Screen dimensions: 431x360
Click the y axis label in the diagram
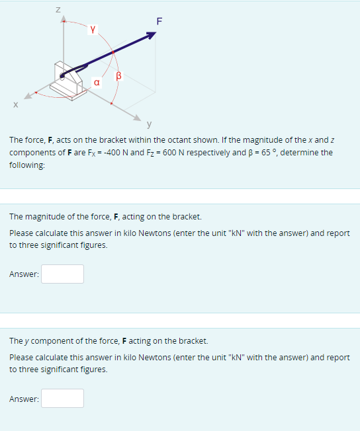pos(150,123)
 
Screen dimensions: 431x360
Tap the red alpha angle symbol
pos(97,83)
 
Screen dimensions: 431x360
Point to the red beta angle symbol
pos(120,76)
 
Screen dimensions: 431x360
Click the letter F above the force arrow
pos(158,20)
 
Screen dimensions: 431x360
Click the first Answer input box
pos(62,274)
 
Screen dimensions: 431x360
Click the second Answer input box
pos(62,398)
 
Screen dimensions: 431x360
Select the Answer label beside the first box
pos(24,274)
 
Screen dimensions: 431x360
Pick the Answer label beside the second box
pos(24,399)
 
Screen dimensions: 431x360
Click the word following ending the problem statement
pos(27,165)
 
